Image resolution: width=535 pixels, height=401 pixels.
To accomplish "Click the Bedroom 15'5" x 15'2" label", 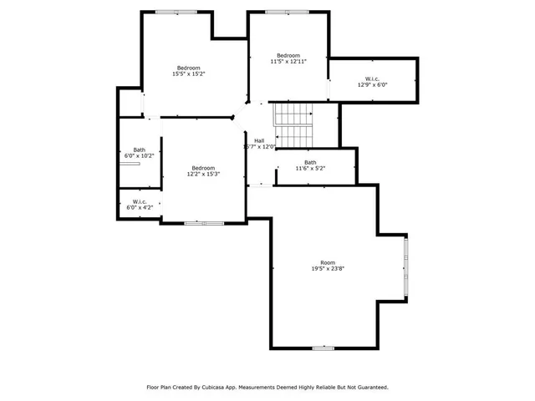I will [188, 71].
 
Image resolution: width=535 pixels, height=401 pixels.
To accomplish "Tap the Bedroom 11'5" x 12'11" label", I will [288, 58].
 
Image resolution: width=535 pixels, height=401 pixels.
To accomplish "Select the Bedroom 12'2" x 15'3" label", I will [204, 171].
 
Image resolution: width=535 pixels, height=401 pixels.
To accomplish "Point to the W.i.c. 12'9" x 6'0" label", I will [374, 81].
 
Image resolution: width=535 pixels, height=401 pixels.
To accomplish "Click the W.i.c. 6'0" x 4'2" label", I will [139, 204].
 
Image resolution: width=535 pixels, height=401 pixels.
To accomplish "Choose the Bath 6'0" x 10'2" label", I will [139, 153].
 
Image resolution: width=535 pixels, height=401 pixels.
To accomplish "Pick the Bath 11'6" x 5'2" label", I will [310, 165].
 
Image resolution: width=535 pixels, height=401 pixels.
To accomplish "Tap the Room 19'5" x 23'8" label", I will [327, 266].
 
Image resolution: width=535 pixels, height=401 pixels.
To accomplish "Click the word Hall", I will [259, 140].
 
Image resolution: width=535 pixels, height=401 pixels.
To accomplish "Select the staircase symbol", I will [293, 124].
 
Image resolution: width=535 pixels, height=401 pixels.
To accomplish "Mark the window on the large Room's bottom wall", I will [324, 348].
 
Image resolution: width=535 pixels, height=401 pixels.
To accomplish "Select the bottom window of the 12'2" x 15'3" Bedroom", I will [204, 223].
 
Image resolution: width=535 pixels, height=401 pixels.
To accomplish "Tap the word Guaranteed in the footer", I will [369, 388].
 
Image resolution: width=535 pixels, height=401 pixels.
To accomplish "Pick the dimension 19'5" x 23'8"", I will [327, 270].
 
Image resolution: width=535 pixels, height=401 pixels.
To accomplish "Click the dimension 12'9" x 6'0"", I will [374, 84].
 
